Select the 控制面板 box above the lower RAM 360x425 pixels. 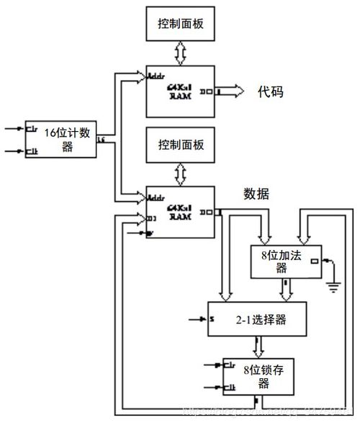click(x=181, y=143)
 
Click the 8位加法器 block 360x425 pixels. click(x=281, y=261)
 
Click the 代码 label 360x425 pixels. click(x=271, y=91)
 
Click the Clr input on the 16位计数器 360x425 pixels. click(x=32, y=130)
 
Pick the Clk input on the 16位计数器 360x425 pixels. click(x=32, y=151)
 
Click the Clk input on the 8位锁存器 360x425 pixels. click(x=230, y=388)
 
